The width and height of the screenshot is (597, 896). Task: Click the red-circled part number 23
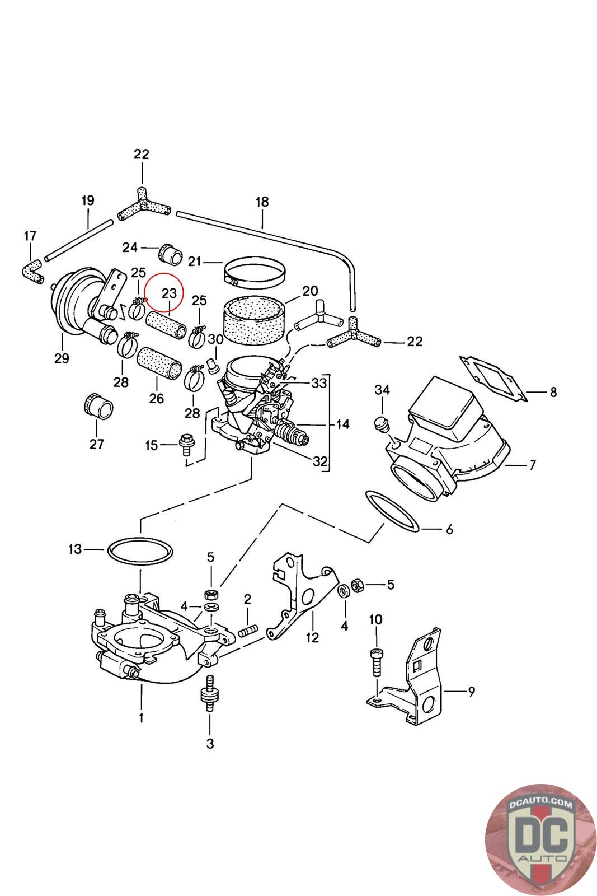point(169,293)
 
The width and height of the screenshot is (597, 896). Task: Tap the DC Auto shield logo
point(540,840)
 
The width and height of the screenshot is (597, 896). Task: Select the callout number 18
point(262,202)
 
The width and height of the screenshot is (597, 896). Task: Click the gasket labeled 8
point(493,378)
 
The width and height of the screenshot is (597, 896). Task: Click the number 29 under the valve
point(62,358)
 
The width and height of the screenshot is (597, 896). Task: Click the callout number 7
point(533,465)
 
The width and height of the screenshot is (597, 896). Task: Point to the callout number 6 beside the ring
point(449,530)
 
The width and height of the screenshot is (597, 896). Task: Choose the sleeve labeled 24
point(171,253)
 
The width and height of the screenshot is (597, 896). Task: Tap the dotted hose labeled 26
point(159,363)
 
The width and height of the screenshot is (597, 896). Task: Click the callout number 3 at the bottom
point(210,744)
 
